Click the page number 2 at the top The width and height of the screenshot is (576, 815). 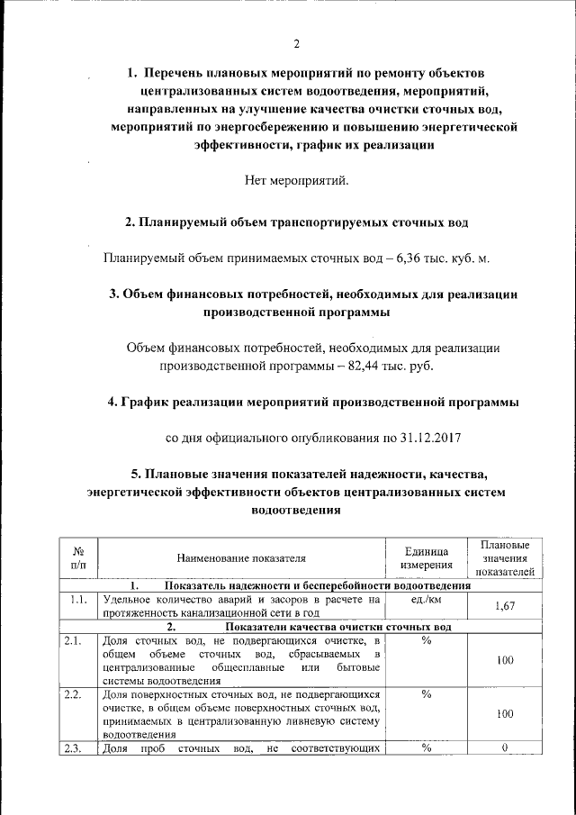(x=296, y=45)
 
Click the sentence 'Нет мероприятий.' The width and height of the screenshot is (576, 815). (x=296, y=181)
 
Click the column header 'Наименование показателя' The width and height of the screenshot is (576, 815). (x=241, y=558)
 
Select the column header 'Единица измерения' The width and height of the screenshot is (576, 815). (x=426, y=558)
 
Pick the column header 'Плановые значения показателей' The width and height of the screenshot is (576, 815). (x=504, y=558)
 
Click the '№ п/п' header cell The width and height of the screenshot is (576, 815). (x=78, y=558)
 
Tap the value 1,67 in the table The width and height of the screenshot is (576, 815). (x=505, y=607)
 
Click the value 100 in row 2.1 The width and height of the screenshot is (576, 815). (x=505, y=660)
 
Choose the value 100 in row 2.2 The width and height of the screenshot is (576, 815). (x=505, y=713)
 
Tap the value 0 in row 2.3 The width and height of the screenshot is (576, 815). (x=505, y=748)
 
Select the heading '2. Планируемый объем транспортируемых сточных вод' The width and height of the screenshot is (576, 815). (x=296, y=222)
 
